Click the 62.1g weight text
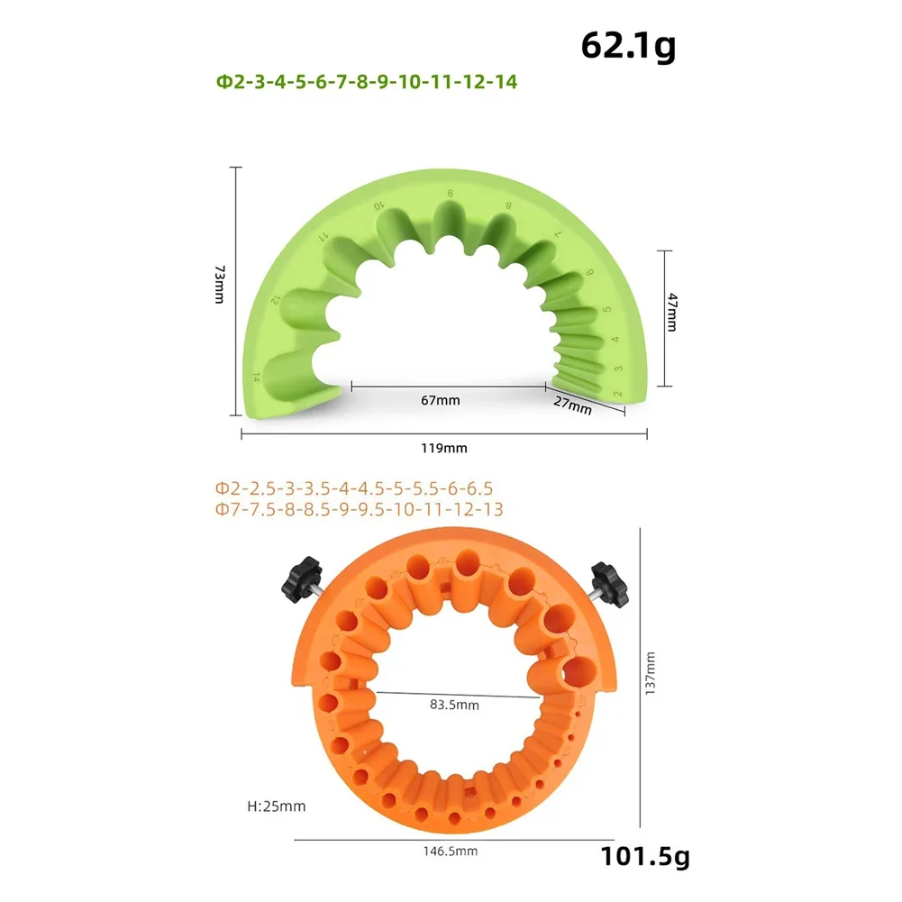(628, 46)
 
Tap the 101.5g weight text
(645, 857)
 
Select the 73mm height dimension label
(220, 284)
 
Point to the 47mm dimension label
(672, 312)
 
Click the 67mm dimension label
(440, 400)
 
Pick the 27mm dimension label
(572, 405)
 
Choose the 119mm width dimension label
(443, 448)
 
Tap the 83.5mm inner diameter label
(454, 705)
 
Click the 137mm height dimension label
(650, 674)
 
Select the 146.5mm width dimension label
(451, 852)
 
